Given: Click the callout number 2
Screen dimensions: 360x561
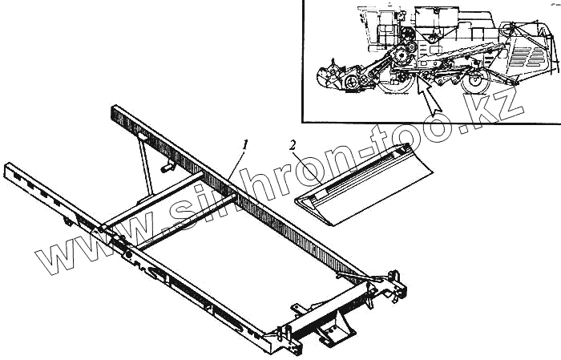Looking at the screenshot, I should (293, 146).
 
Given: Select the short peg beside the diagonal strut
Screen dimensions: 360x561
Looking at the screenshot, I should (169, 168).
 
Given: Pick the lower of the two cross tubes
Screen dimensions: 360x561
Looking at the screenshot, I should (188, 216).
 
